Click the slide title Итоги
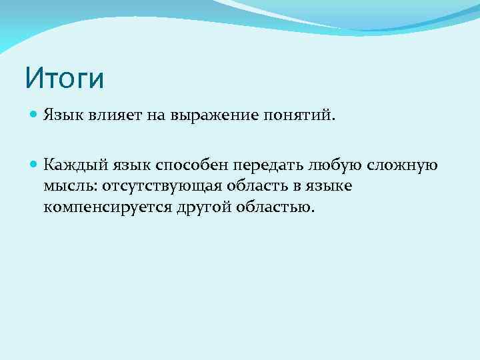pos(65,78)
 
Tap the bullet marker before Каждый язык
pos(35,163)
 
